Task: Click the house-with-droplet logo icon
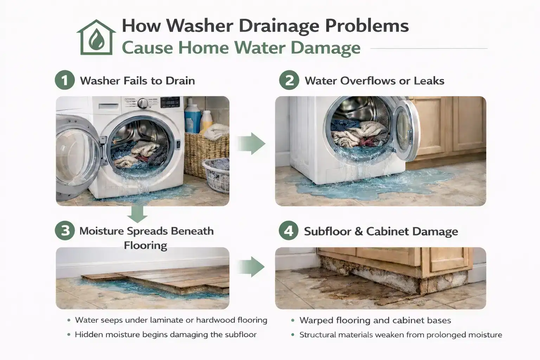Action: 96,38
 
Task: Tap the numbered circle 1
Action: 65,81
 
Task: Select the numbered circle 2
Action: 289,81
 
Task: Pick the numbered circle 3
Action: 65,231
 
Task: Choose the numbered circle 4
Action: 288,231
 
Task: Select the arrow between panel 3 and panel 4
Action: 251,267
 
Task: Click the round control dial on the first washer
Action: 143,103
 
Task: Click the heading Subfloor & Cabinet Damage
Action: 381,231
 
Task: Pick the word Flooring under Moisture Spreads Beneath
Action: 145,245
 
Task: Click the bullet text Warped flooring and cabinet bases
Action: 375,320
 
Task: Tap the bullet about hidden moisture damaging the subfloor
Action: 166,334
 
